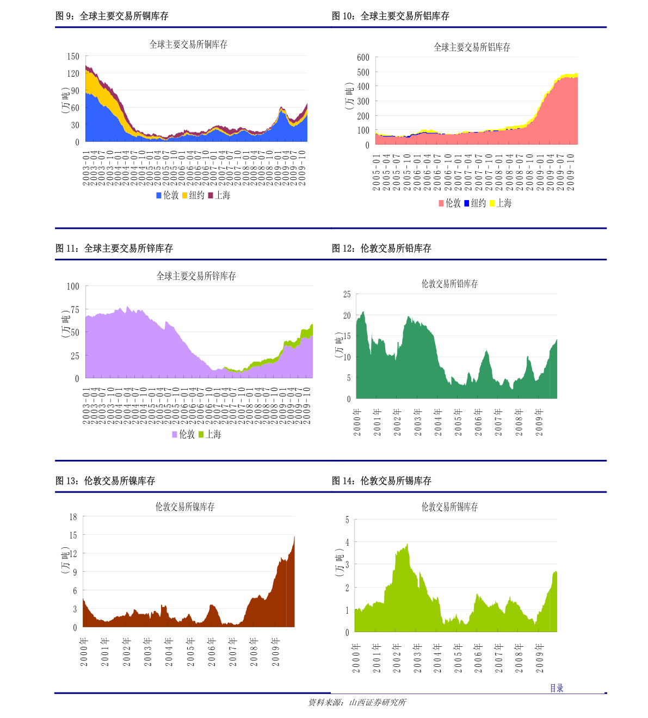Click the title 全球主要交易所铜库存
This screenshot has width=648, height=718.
[x=188, y=45]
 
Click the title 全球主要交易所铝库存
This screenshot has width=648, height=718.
[x=472, y=47]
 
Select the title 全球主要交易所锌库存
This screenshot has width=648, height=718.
[x=196, y=276]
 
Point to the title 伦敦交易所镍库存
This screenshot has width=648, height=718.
[x=185, y=507]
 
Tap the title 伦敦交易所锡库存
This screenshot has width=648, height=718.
[x=449, y=507]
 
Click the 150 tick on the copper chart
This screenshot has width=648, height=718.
[x=73, y=57]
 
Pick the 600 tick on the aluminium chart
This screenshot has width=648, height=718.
[x=363, y=58]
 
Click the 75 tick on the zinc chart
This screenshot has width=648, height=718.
[x=75, y=309]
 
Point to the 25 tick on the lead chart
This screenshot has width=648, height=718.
[x=347, y=295]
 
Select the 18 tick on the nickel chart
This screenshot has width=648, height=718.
[x=73, y=517]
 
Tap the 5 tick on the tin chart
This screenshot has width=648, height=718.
[x=347, y=520]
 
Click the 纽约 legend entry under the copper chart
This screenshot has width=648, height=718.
[x=193, y=195]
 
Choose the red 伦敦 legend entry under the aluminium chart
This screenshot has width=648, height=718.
[x=449, y=203]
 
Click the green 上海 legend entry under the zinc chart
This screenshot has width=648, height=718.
[x=209, y=434]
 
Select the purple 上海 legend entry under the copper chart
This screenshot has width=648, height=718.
[x=219, y=195]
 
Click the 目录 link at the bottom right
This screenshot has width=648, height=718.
[x=556, y=688]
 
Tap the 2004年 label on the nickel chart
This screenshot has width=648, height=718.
[x=169, y=652]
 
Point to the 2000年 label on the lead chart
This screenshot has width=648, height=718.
[x=357, y=422]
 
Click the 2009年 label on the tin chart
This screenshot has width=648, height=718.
[x=540, y=658]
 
